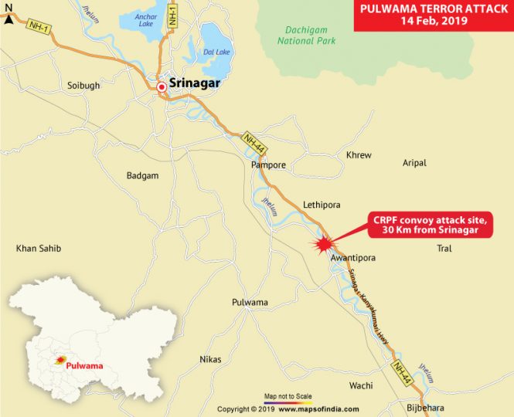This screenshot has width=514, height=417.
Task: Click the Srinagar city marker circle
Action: [162, 88]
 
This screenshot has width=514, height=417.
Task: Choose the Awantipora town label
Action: [352, 259]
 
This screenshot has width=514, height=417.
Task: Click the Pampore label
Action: [268, 165]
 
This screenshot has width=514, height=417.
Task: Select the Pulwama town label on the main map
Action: [250, 302]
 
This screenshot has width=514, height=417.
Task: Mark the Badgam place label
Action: [142, 176]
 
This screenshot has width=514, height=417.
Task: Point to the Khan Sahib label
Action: [39, 248]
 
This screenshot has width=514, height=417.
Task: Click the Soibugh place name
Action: [83, 86]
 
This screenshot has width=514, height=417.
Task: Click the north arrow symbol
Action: [8, 15]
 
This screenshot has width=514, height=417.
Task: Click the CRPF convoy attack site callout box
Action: [421, 223]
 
